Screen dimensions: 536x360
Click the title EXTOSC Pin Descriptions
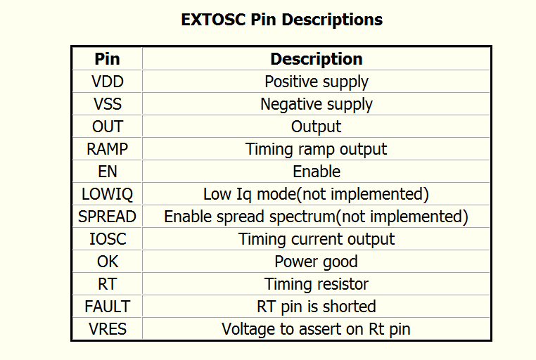[x=281, y=20]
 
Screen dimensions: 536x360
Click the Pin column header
[x=108, y=59]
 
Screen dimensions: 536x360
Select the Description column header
[x=317, y=59]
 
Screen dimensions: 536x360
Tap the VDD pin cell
[x=108, y=82]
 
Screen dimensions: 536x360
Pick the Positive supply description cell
[x=317, y=82]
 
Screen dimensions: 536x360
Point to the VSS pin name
[x=108, y=104]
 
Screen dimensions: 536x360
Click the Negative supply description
[x=317, y=105]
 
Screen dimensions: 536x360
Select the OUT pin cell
[x=108, y=127]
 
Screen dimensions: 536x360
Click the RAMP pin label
[x=108, y=149]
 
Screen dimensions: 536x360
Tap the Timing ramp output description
[x=317, y=150]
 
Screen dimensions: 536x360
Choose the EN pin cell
[x=108, y=172]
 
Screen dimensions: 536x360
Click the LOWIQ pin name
[x=108, y=194]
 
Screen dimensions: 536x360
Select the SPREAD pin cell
[x=108, y=217]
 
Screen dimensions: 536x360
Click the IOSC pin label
[x=108, y=240]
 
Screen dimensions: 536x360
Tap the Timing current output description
[x=317, y=240]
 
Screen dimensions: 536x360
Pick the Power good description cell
[x=317, y=262]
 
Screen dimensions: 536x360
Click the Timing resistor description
[x=317, y=284]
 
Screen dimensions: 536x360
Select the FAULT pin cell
[x=108, y=307]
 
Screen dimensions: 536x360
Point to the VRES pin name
[x=108, y=329]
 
